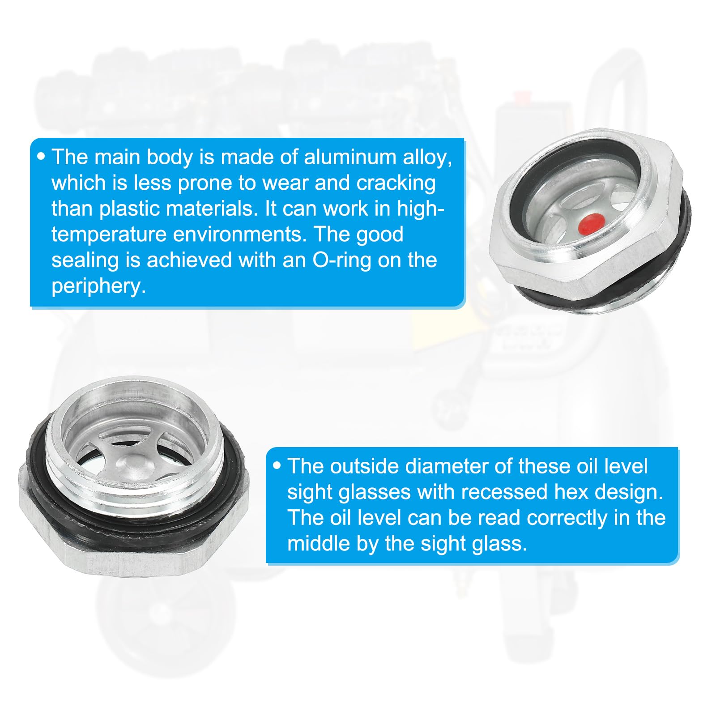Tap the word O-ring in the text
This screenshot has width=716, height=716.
[x=341, y=260]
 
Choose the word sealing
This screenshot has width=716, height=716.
[x=85, y=261]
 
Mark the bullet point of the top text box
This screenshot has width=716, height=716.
[x=42, y=157]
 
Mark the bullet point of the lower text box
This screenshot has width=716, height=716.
[x=277, y=466]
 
